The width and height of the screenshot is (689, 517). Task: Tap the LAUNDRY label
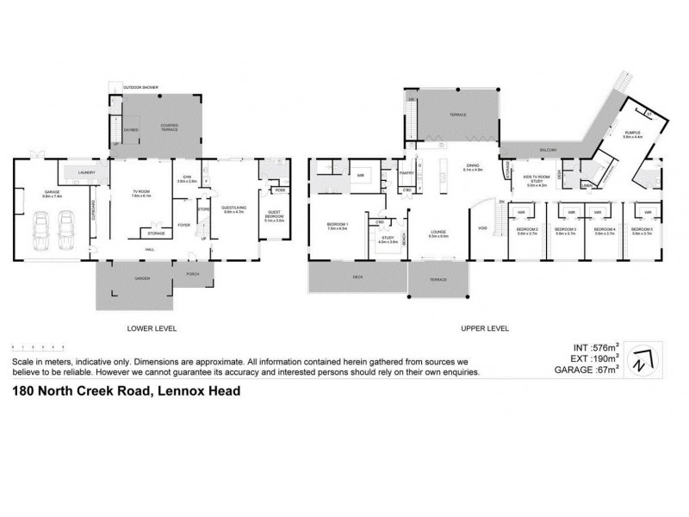[85, 173]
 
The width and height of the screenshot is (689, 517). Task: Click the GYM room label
[187, 178]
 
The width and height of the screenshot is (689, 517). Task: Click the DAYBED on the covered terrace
[131, 130]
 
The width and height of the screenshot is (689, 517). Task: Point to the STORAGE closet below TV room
[156, 233]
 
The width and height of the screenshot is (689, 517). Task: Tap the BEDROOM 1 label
[337, 225]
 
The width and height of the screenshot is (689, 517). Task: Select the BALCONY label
[549, 150]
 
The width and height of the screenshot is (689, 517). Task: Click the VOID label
[482, 227]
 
